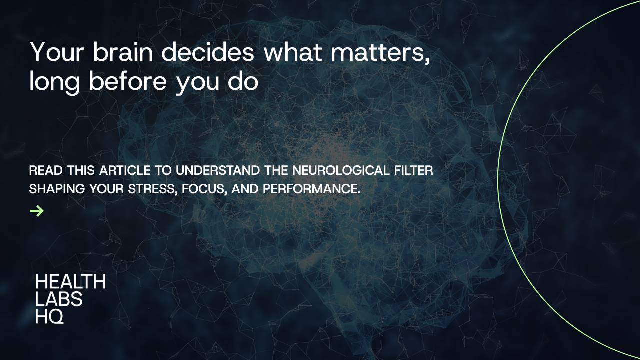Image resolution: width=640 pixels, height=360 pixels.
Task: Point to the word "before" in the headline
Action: [x=128, y=81]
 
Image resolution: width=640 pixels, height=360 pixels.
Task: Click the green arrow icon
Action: [x=37, y=211]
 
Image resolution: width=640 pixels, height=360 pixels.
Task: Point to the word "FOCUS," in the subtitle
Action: [x=205, y=190]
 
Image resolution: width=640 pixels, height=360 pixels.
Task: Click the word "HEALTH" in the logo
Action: [x=70, y=282]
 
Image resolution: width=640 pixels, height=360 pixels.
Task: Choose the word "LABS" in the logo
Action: [x=59, y=299]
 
